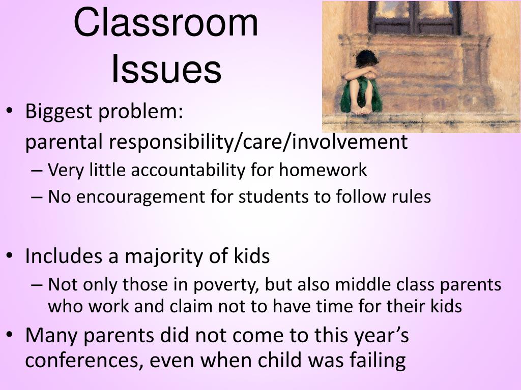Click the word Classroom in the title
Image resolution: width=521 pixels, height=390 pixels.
tap(166, 22)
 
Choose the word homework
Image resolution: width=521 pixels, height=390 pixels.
tap(323, 170)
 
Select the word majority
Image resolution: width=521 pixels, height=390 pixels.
tap(164, 257)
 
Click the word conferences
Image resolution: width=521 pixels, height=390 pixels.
tap(80, 361)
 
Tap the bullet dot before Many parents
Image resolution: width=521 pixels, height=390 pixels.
tap(10, 336)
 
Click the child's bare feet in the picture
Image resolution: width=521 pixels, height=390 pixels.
tap(362, 110)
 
